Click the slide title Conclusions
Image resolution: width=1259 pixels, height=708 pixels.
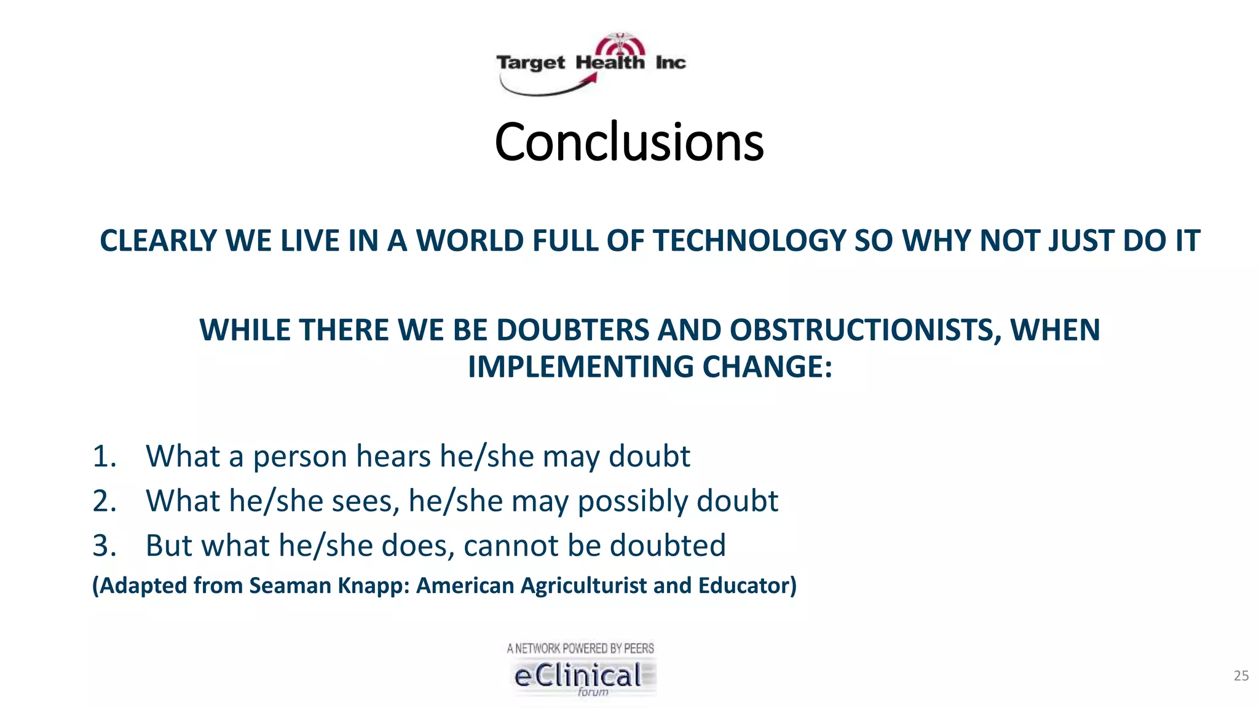pos(629,142)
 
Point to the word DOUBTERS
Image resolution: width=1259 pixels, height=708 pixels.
pos(572,330)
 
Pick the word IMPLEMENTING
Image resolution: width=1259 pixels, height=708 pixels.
pos(581,367)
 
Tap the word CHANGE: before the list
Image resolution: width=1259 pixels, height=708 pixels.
pos(768,367)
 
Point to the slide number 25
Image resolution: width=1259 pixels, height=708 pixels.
pos(1241,676)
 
